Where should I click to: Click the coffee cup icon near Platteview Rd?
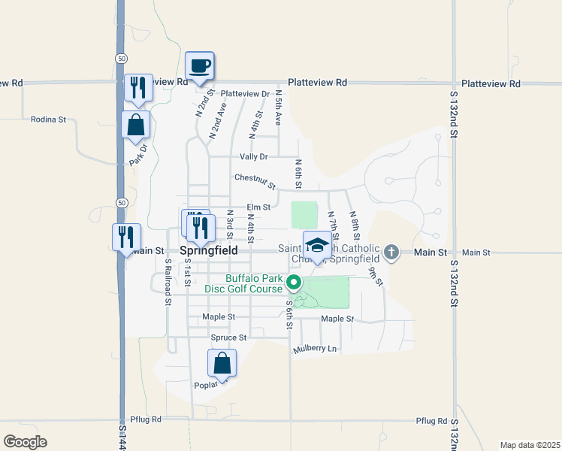click(x=200, y=66)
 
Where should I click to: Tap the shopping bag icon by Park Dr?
click(x=136, y=126)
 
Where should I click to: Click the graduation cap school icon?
click(x=318, y=246)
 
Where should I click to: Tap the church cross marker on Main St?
click(x=391, y=253)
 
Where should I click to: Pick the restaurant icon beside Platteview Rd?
click(x=138, y=88)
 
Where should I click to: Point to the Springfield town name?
click(x=210, y=250)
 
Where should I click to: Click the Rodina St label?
click(x=49, y=119)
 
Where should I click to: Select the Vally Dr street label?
click(x=253, y=156)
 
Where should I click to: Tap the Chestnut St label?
click(x=255, y=180)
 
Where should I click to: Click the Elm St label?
click(x=258, y=207)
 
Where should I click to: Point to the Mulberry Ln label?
click(x=316, y=349)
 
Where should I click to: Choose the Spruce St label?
click(x=228, y=337)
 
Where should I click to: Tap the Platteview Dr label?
click(x=245, y=93)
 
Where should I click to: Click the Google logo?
click(x=25, y=442)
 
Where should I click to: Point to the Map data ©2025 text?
click(x=530, y=445)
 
